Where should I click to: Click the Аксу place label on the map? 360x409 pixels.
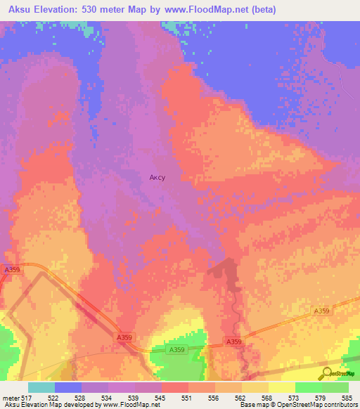[x=157, y=178]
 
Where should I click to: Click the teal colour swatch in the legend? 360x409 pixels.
[x=41, y=387]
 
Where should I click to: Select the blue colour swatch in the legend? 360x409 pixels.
[x=68, y=387]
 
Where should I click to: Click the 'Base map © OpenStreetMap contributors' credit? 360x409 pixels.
[x=298, y=405]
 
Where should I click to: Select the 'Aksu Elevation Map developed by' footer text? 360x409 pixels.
[x=49, y=405]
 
